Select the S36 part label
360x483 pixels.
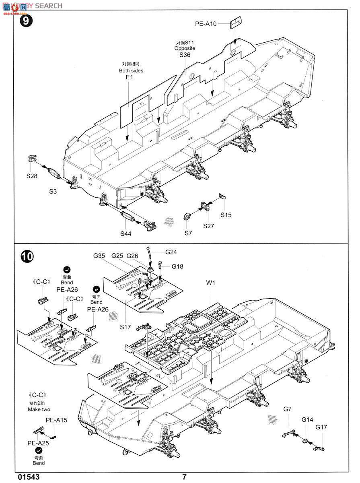185,55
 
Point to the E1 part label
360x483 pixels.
129,77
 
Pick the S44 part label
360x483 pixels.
126,233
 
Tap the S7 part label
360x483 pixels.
188,233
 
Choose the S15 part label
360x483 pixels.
226,215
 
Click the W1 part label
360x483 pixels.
211,283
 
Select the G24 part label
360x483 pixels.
171,252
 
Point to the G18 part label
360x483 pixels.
177,266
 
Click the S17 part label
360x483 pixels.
125,327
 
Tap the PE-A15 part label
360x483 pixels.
56,420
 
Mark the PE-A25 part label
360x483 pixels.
38,443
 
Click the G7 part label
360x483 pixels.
287,409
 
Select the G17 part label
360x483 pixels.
321,427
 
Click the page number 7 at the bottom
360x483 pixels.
184,477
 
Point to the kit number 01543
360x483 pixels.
29,477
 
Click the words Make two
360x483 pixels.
39,409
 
